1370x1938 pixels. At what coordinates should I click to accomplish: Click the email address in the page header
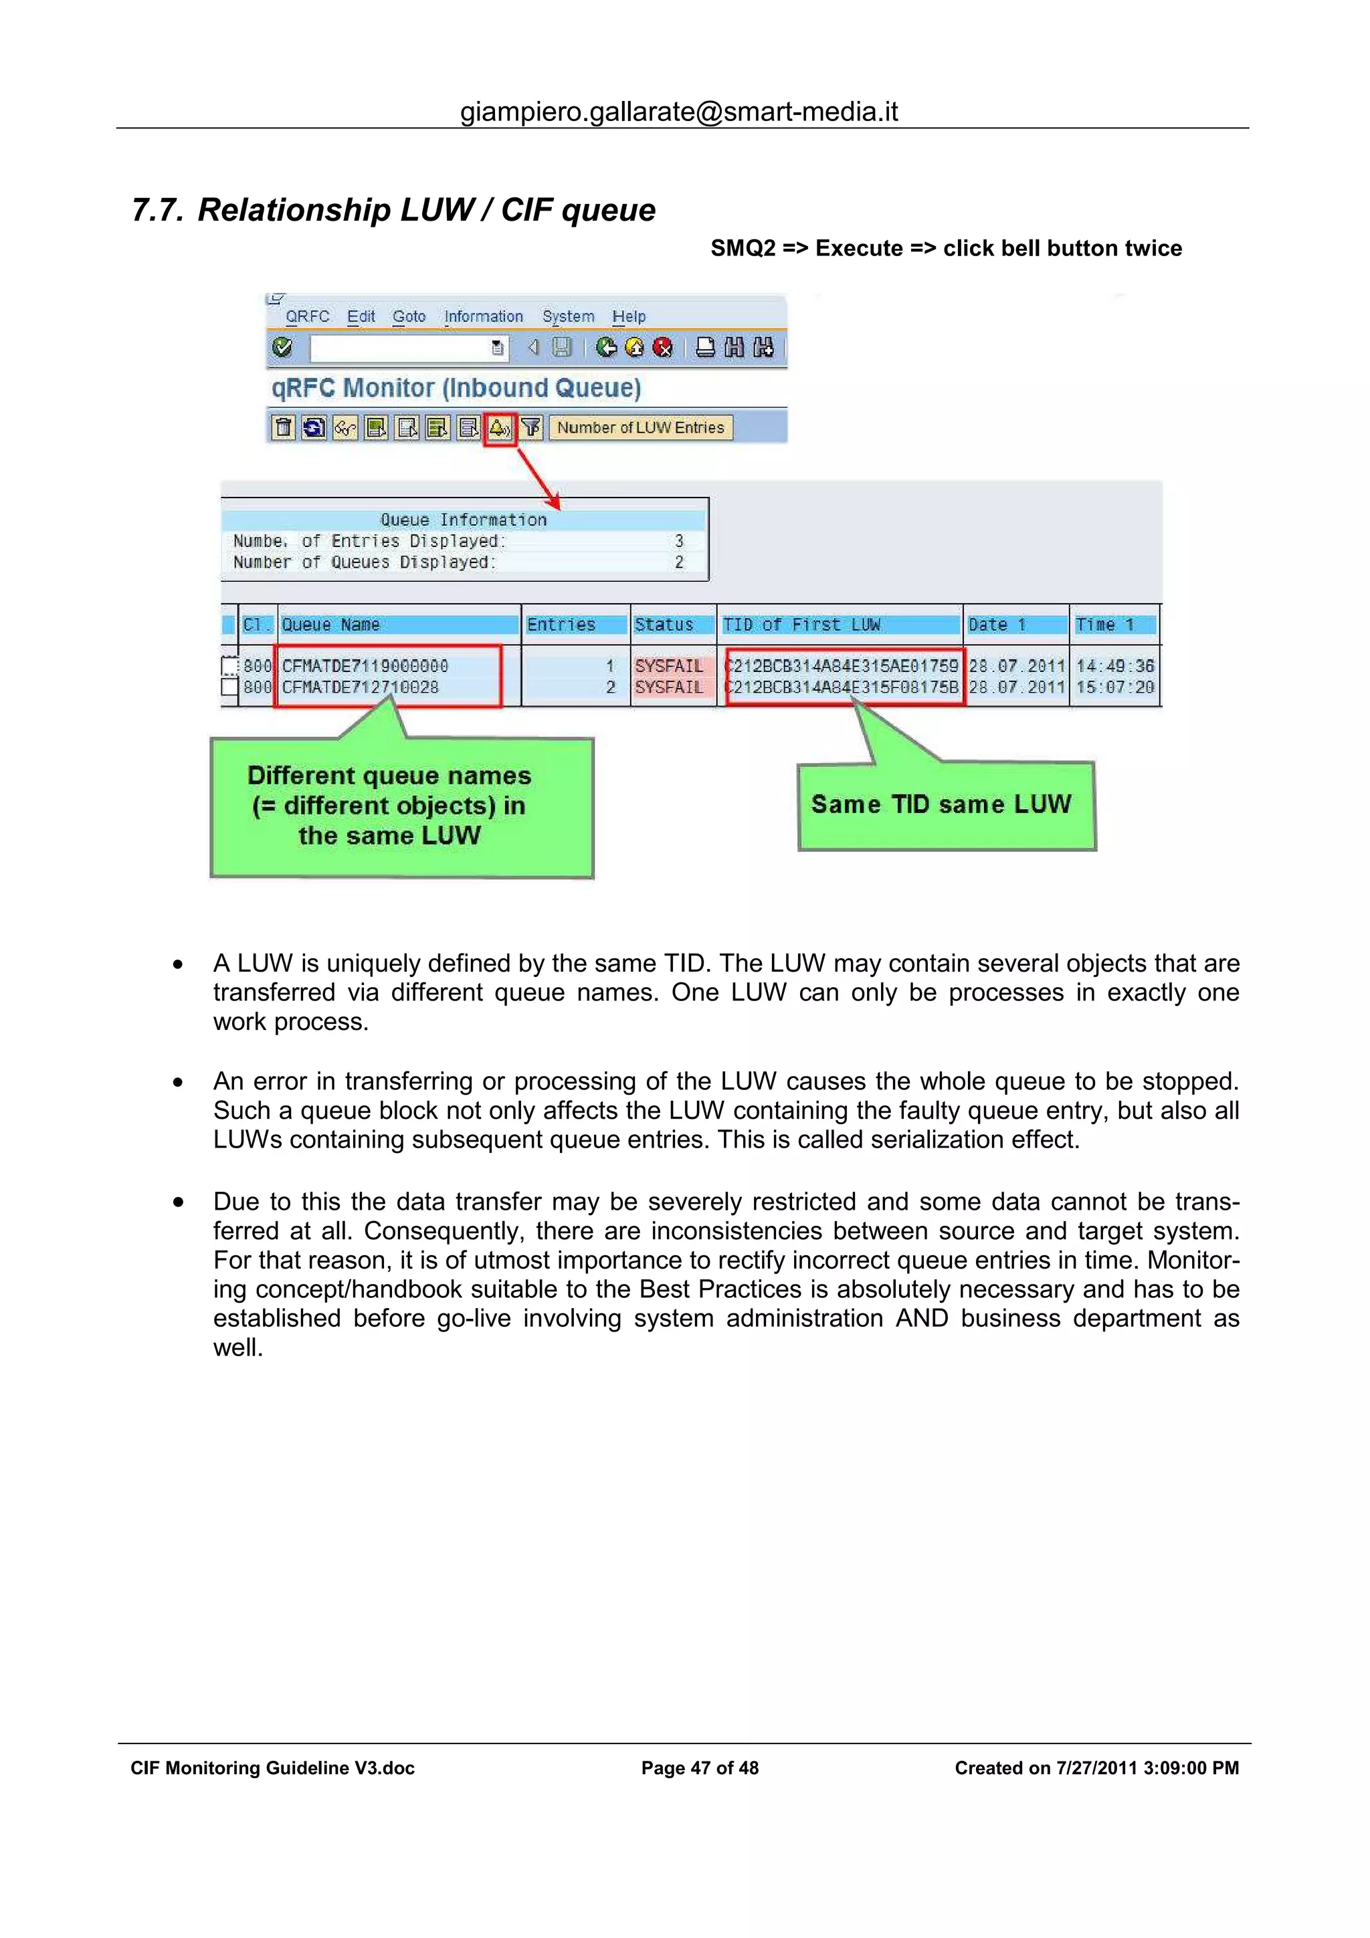679,112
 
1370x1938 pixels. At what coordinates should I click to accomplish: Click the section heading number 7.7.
157,210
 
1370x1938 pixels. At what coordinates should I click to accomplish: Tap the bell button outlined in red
500,428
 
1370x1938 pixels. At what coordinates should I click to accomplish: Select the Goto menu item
409,316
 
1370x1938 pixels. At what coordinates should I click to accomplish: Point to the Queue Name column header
331,625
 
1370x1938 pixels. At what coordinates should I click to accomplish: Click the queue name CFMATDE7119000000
365,666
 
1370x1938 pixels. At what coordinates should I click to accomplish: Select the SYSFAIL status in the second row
668,687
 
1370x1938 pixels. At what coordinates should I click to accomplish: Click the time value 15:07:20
1114,687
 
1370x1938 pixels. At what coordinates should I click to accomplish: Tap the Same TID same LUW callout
941,804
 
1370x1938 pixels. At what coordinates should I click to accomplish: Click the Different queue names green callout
390,806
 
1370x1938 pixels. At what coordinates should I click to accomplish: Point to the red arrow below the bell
538,477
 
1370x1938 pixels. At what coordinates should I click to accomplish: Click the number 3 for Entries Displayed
679,541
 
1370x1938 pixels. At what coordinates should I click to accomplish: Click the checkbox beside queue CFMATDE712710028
229,687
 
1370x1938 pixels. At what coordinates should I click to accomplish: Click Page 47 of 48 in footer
700,1768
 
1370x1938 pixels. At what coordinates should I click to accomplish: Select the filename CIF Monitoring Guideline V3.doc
272,1768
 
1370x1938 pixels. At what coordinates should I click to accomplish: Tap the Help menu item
629,316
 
